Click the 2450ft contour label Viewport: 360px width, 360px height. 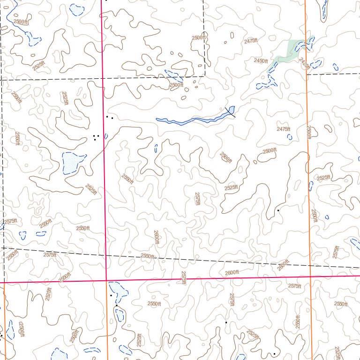pos(260,61)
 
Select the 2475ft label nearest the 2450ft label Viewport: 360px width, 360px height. pos(251,41)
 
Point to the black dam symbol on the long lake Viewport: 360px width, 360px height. pos(230,111)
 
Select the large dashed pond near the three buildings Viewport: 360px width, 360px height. pos(72,162)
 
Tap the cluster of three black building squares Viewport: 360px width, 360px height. pos(96,137)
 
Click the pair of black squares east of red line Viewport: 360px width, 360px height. pos(110,117)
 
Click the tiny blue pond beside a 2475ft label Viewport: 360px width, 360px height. pos(290,137)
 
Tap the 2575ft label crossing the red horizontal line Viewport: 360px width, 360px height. pos(184,277)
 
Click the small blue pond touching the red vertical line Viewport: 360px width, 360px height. pos(106,136)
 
